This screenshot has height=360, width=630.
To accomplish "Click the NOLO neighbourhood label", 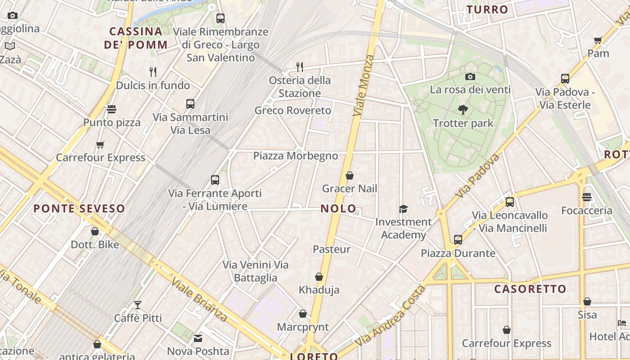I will pos(338,209).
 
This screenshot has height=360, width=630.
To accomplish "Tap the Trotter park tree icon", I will pos(463,109).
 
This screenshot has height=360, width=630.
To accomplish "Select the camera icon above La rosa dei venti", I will pos(470,77).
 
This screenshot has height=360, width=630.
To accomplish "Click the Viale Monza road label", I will pos(364,85).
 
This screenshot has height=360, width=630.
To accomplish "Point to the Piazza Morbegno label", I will pos(295,156).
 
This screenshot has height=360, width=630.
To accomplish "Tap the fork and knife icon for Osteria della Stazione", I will pos(300,67).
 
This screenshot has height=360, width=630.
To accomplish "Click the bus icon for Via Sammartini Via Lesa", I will pos(190,104).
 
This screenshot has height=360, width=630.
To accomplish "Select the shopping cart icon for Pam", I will pos(598,40).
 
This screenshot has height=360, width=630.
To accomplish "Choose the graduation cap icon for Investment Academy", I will pos(403,209).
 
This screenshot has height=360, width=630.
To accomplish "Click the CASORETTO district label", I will pos(530,289).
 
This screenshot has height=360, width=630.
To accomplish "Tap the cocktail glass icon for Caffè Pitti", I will pos(138,305).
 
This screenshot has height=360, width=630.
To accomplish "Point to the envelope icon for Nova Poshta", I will pos(198,338).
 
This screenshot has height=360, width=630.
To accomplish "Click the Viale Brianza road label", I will pos(199,299).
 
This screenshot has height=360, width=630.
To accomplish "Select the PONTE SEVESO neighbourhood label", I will pos(79,209).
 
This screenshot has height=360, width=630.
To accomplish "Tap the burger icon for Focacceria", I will pos(587,197).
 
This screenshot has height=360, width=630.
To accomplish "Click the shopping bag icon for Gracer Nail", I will pos(350,175).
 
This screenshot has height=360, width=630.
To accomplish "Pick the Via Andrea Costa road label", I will pos(390,316).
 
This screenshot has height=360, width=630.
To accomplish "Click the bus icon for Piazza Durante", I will pos(458,240).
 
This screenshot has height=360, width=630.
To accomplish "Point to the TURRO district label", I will pos(487,9).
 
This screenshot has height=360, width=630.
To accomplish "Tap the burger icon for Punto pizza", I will pos(112,109).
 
